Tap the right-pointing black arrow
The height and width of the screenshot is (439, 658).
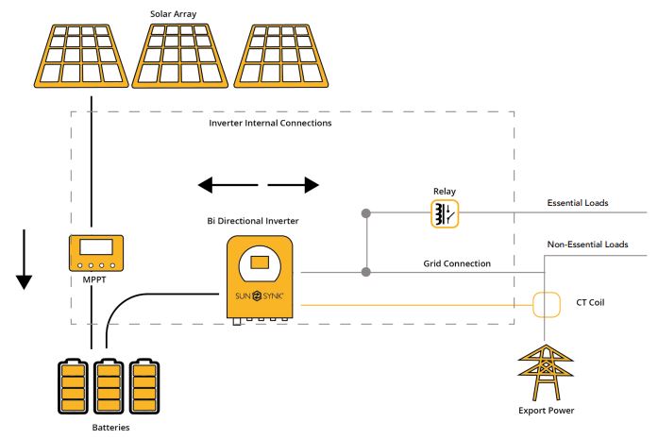click(295, 184)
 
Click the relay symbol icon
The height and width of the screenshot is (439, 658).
click(445, 213)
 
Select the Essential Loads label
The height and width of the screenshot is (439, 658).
click(578, 203)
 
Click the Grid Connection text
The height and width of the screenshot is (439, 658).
click(456, 263)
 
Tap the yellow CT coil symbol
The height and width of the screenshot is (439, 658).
click(548, 305)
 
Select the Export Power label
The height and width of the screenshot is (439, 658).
click(548, 411)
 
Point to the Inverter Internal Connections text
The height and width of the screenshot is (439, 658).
click(269, 123)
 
